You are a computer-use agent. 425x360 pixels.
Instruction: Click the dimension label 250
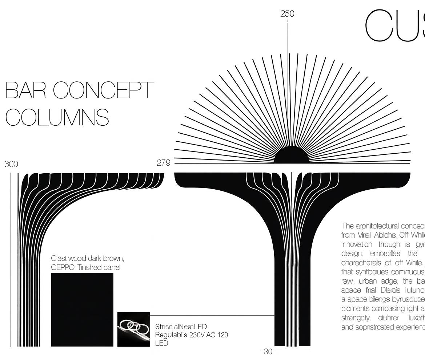(x=287, y=14)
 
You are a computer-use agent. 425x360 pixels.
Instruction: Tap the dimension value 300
(x=11, y=164)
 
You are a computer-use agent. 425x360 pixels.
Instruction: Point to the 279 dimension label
(x=164, y=163)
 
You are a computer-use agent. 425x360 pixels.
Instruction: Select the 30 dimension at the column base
(x=268, y=352)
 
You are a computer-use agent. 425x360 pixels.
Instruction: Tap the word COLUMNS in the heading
(x=57, y=117)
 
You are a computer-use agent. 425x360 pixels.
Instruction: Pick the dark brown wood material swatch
(x=82, y=310)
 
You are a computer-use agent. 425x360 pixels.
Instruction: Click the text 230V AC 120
(x=209, y=335)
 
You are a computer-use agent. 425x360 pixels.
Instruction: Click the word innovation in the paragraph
(x=357, y=244)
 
